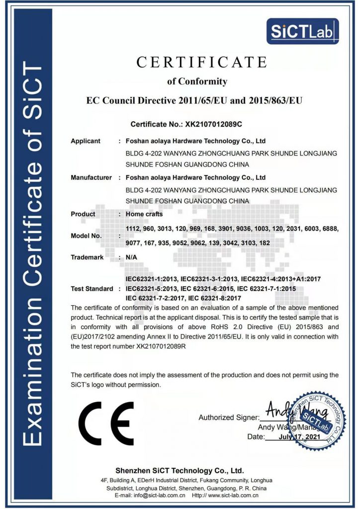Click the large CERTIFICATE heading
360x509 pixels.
201,62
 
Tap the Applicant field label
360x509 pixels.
86,141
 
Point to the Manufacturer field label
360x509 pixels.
91,177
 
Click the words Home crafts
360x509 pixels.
144,214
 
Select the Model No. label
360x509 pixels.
87,236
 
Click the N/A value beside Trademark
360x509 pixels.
132,257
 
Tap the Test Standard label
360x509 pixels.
92,288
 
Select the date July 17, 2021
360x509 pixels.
298,437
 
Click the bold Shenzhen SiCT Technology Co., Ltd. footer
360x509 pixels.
180,470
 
